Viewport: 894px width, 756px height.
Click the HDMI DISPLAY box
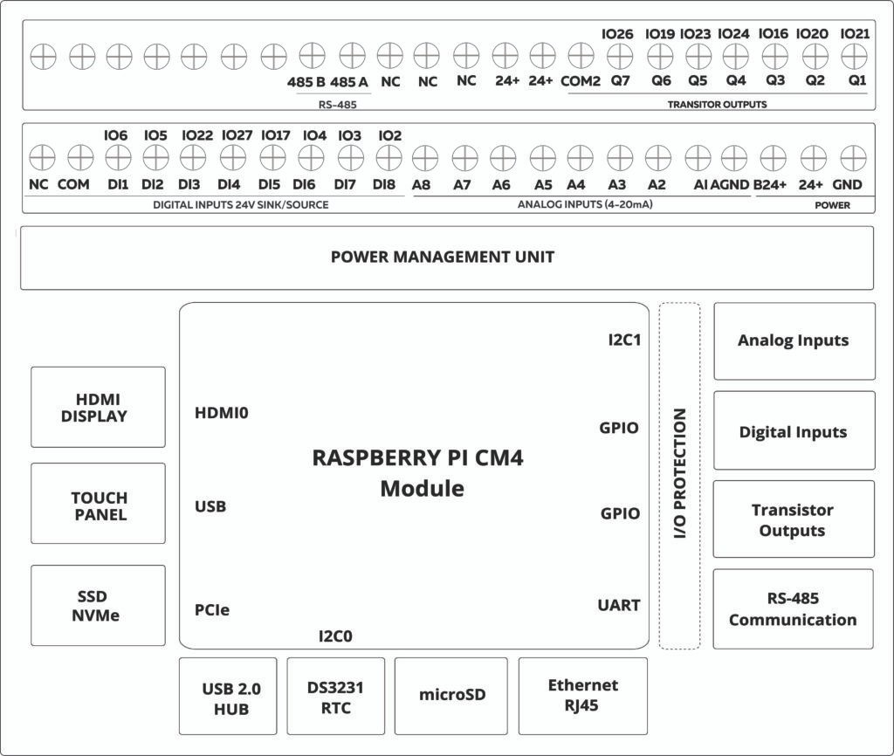pyautogui.click(x=98, y=407)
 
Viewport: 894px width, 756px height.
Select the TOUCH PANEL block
pyautogui.click(x=98, y=504)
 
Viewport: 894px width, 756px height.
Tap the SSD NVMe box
pyautogui.click(x=98, y=605)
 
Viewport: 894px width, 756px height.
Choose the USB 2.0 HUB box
pyautogui.click(x=228, y=697)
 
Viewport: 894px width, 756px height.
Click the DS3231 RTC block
pyautogui.click(x=335, y=697)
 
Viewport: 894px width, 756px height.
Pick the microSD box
pyautogui.click(x=451, y=695)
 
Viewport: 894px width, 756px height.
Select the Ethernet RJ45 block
pyautogui.click(x=582, y=695)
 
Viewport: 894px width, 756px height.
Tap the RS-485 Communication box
pyautogui.click(x=793, y=608)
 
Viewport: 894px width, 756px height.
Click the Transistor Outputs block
pyautogui.click(x=793, y=519)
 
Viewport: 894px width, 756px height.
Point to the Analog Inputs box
pyautogui.click(x=793, y=340)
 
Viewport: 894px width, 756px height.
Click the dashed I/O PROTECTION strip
pyautogui.click(x=679, y=475)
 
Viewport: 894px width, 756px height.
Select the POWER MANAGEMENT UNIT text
pyautogui.click(x=442, y=257)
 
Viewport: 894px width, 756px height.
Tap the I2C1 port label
pyautogui.click(x=624, y=339)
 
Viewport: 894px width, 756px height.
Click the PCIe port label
pyautogui.click(x=212, y=609)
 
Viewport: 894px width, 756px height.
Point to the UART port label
pyautogui.click(x=619, y=604)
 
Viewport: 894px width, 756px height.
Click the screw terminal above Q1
pyautogui.click(x=852, y=56)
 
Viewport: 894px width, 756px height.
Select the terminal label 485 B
pyautogui.click(x=306, y=82)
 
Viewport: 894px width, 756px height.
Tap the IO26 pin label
pyautogui.click(x=617, y=34)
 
